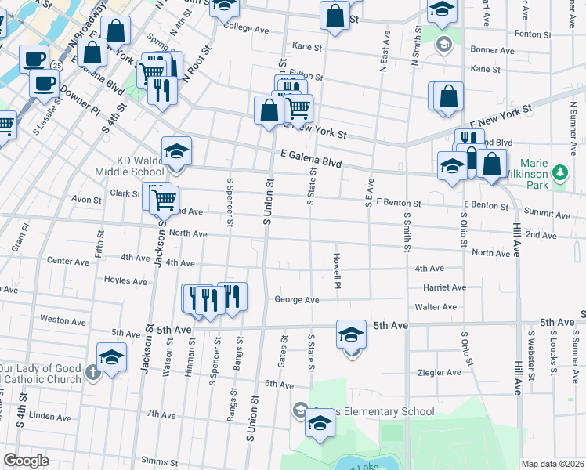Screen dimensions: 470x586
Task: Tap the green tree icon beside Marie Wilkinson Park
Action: click(560, 172)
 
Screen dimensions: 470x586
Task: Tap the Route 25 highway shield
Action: click(57, 66)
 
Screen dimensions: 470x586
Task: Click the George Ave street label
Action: click(297, 300)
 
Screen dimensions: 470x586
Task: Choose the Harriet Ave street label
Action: click(445, 288)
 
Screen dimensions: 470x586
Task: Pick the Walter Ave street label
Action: click(436, 307)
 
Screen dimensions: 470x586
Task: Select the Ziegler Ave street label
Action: click(437, 373)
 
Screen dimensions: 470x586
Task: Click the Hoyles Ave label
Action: click(126, 280)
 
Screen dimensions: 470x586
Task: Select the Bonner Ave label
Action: click(493, 50)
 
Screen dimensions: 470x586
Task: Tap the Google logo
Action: click(26, 461)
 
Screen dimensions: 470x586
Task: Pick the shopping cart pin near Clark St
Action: click(164, 200)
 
